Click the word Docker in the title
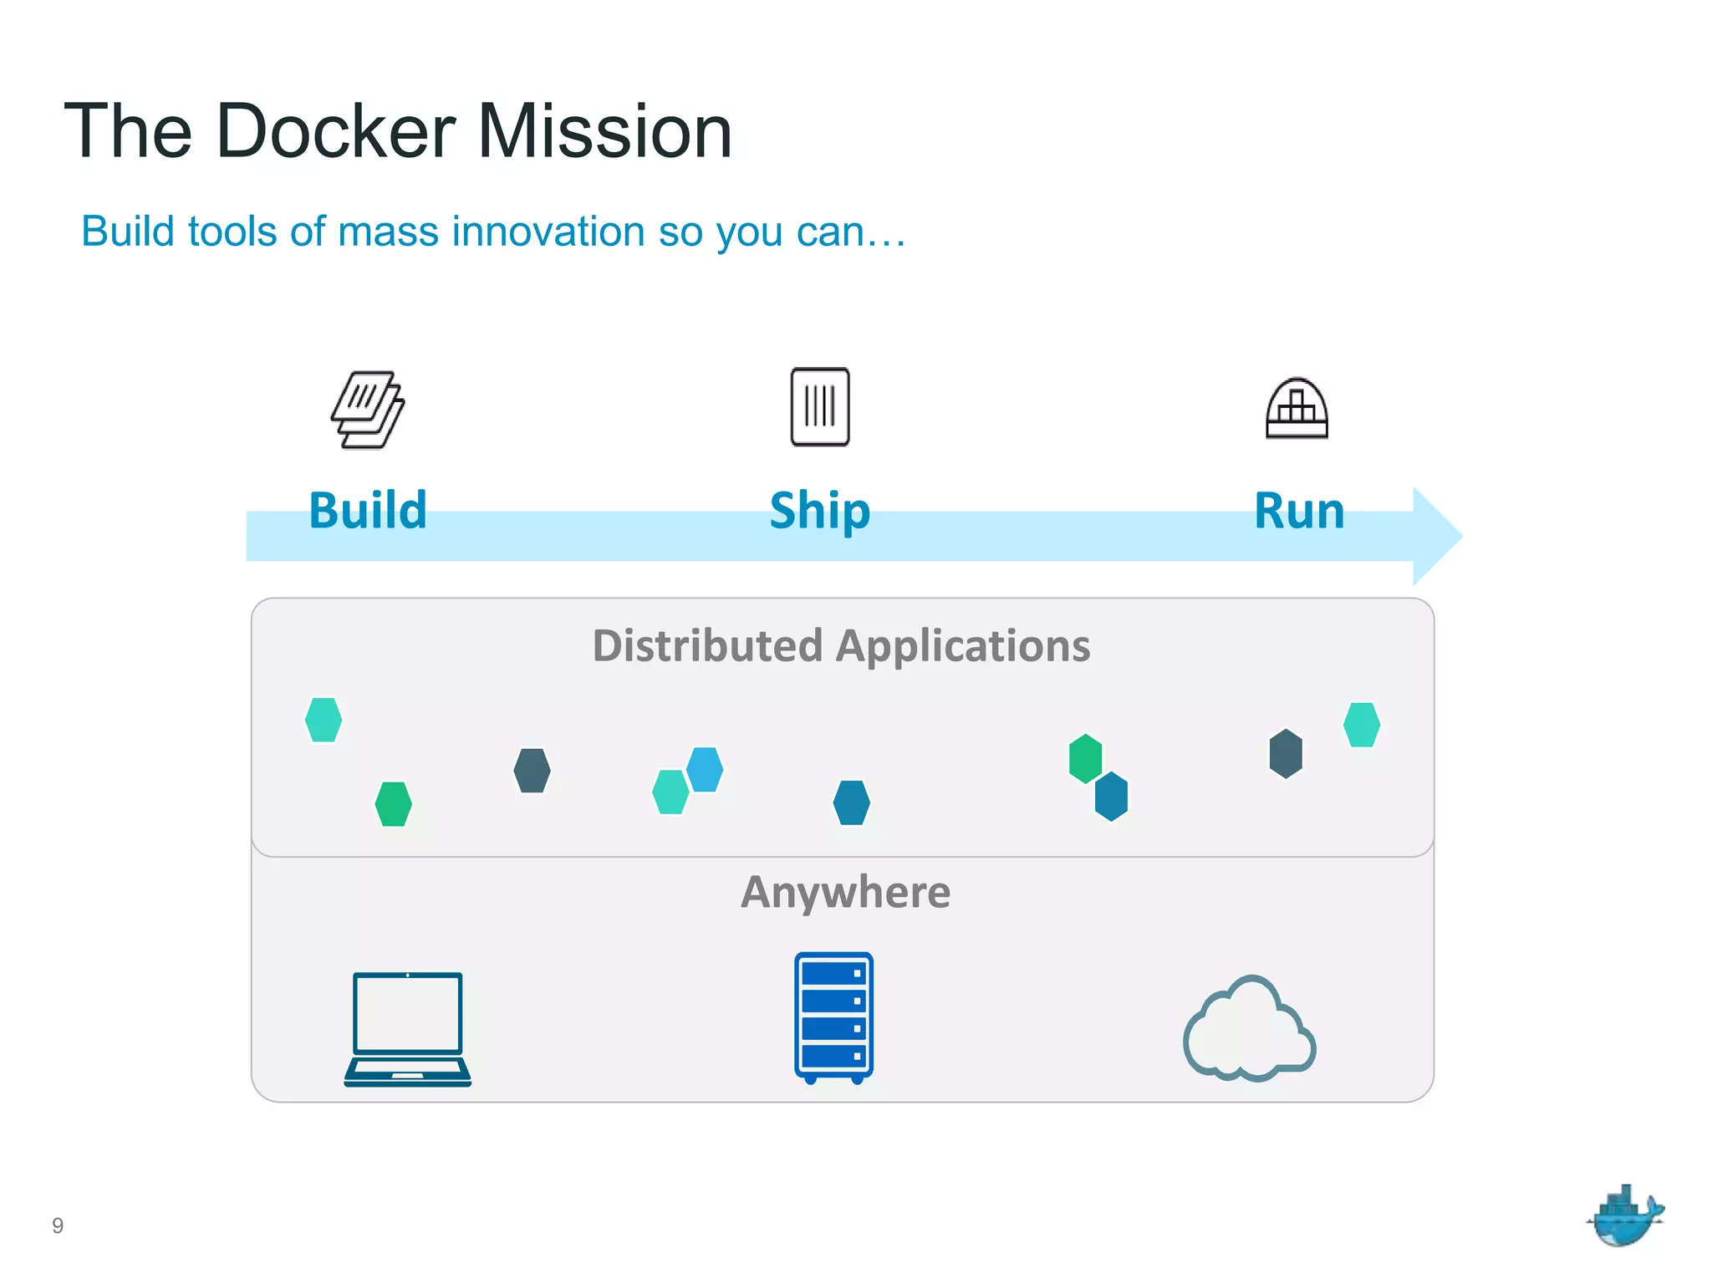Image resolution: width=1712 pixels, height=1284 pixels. [334, 131]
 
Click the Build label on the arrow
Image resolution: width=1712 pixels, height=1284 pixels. [368, 511]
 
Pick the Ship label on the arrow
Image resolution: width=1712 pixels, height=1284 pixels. [819, 511]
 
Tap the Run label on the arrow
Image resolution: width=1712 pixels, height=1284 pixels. [1299, 511]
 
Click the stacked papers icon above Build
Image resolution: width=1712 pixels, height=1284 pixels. [368, 410]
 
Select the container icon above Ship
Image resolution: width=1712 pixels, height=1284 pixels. [820, 407]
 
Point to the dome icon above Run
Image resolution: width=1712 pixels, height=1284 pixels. [1297, 408]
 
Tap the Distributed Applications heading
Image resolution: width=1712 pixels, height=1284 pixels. [841, 646]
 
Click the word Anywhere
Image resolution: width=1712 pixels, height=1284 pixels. [845, 892]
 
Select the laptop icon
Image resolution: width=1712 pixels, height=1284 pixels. [408, 1028]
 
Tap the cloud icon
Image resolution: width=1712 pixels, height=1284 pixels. [1250, 1029]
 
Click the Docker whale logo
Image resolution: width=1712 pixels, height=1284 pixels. [1624, 1217]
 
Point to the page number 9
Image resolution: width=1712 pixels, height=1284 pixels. [58, 1225]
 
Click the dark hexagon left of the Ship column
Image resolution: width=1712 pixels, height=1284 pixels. [532, 770]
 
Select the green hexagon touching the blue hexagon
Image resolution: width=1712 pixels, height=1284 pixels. [1085, 758]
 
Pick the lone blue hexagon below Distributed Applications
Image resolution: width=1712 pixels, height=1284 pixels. [852, 802]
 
